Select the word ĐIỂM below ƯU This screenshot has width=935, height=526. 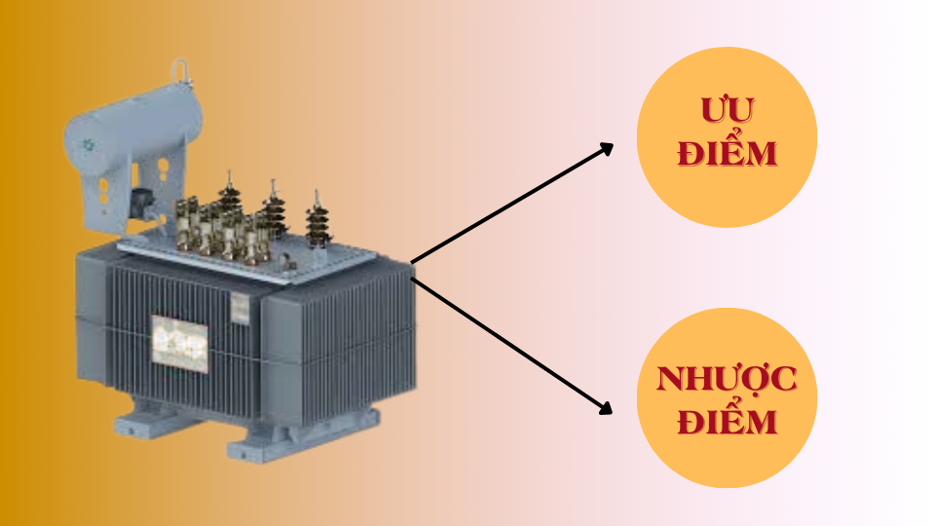727,154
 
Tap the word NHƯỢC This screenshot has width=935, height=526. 727,380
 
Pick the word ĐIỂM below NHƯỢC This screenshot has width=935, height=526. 727,423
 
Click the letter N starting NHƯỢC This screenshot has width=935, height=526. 668,380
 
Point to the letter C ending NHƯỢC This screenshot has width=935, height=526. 785,380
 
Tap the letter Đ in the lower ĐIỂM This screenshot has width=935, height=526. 689,423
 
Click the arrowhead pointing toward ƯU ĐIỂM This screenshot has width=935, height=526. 607,148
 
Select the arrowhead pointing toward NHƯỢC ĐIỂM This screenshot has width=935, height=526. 606,409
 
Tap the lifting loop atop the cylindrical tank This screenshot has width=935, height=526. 179,72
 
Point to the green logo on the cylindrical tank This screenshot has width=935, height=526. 89,144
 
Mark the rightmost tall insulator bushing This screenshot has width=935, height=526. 316,225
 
